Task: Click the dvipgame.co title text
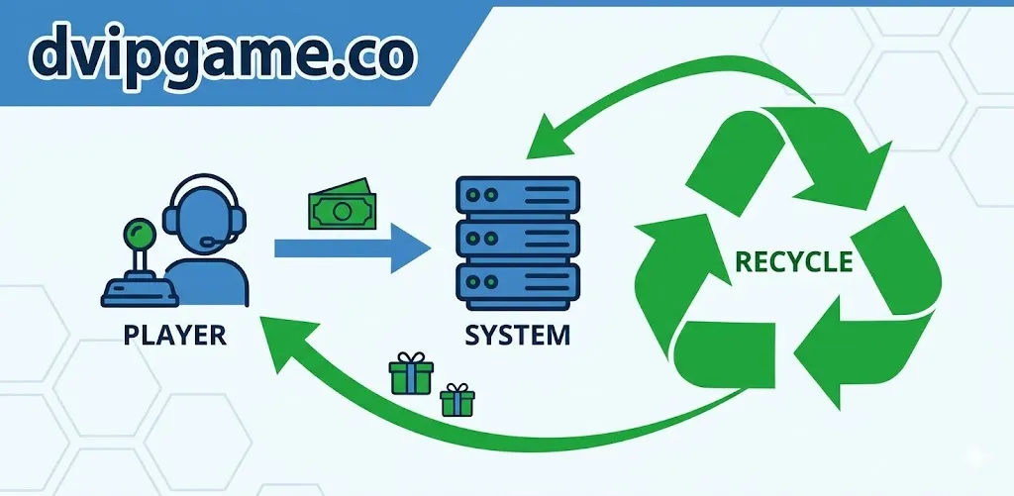click(x=223, y=54)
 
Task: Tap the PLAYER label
click(x=174, y=336)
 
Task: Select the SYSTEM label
click(x=517, y=336)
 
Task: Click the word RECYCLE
click(x=794, y=261)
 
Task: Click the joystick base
click(x=141, y=292)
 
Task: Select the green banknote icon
click(x=342, y=204)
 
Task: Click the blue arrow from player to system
click(x=353, y=248)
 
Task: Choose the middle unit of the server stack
click(x=517, y=239)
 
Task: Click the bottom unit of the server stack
click(x=517, y=282)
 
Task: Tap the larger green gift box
click(x=411, y=373)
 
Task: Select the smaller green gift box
click(x=457, y=400)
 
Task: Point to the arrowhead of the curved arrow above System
click(x=549, y=139)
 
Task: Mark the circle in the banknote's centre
click(x=342, y=210)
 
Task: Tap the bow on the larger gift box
click(x=411, y=357)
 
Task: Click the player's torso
click(x=207, y=282)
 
